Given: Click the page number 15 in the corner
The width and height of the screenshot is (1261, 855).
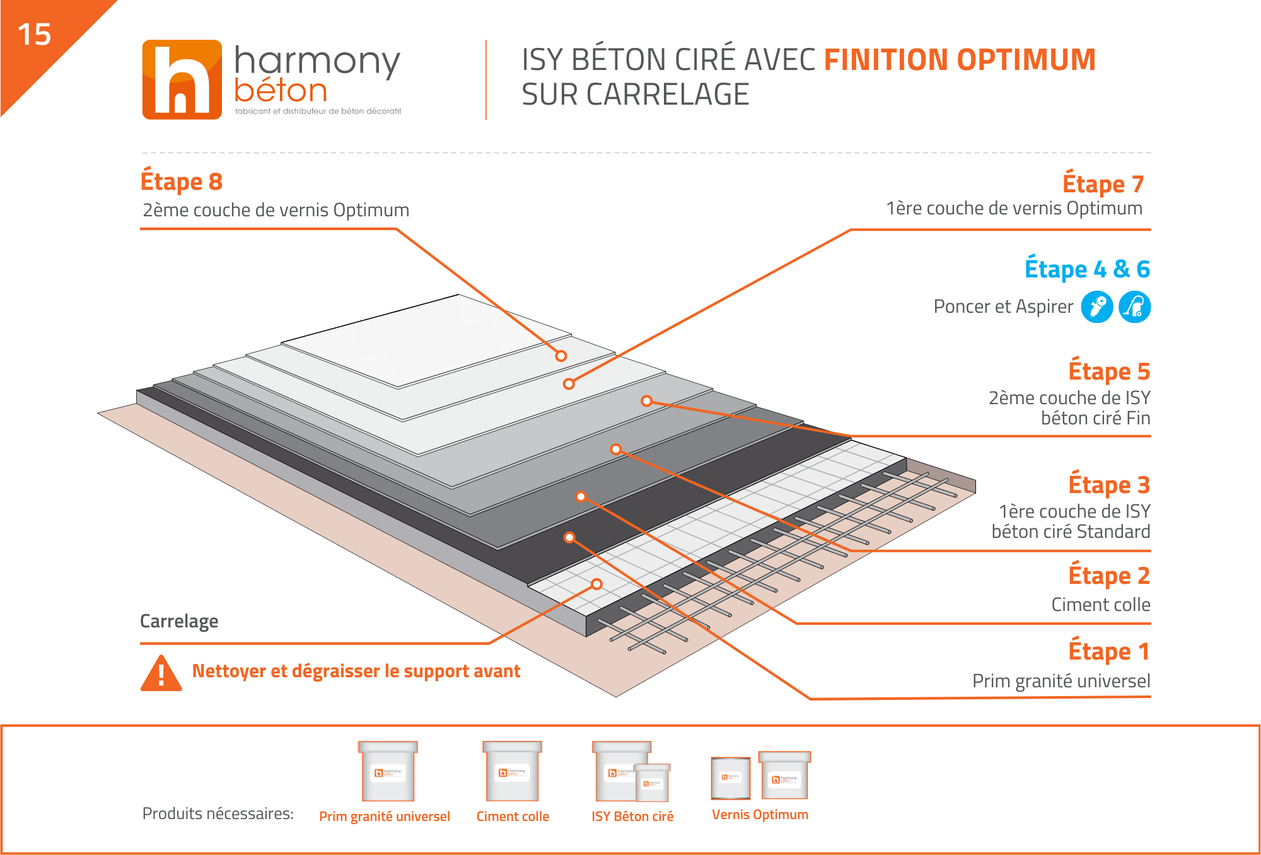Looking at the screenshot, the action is click(34, 34).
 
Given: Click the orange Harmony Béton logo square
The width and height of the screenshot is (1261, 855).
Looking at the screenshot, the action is click(182, 79).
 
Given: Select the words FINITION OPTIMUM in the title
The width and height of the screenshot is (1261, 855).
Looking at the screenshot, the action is click(960, 60).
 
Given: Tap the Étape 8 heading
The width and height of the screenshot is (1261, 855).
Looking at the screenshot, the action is click(182, 181).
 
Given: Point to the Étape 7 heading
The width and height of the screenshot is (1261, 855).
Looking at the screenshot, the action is click(1103, 183).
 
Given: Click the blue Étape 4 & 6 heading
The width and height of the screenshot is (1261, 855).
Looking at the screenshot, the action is click(1088, 269).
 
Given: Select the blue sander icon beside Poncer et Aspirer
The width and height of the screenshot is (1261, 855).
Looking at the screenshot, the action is click(1097, 307).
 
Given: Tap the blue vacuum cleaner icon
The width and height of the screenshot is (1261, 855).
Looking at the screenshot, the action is click(1135, 307).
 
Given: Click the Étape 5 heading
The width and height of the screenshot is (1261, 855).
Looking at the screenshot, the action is click(1110, 371).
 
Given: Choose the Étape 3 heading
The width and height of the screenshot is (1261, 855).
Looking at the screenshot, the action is click(1110, 484).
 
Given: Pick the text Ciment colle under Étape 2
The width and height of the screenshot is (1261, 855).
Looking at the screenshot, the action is click(1101, 605).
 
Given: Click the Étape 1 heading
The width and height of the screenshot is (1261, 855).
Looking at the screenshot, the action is click(1110, 651).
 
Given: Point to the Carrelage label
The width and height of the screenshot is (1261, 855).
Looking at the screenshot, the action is click(179, 621).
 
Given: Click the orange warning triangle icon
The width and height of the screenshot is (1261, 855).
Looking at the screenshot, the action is click(161, 673).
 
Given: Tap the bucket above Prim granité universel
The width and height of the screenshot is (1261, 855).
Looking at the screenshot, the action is click(388, 771).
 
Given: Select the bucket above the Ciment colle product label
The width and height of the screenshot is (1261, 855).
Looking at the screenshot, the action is click(513, 771).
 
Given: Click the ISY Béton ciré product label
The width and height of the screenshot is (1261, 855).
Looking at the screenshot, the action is click(632, 817).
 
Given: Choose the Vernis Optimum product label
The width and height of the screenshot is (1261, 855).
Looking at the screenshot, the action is click(760, 815).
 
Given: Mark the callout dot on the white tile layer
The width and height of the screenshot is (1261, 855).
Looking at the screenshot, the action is click(597, 584).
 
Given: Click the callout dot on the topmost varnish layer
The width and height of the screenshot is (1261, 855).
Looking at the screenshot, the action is click(561, 356).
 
